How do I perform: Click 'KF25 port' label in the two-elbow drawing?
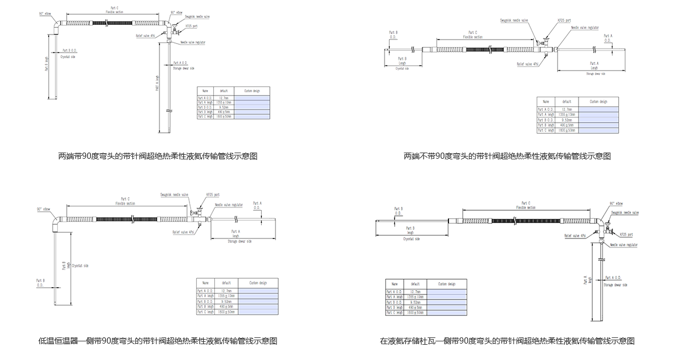coord(191,26)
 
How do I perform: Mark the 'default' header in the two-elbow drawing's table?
coord(224,90)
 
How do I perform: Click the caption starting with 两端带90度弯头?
coord(158,156)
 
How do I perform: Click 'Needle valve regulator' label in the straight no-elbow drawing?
coord(585,27)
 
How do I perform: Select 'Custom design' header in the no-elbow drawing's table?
coord(598,102)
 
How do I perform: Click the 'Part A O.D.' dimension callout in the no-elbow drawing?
coord(608,38)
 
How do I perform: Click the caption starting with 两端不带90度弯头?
coord(507,156)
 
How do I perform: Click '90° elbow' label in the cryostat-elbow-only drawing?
coord(44,209)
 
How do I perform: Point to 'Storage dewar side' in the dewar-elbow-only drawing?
coord(616,285)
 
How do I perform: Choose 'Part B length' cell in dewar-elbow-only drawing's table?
coord(395,306)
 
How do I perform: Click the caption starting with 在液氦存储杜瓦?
coord(507,341)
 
